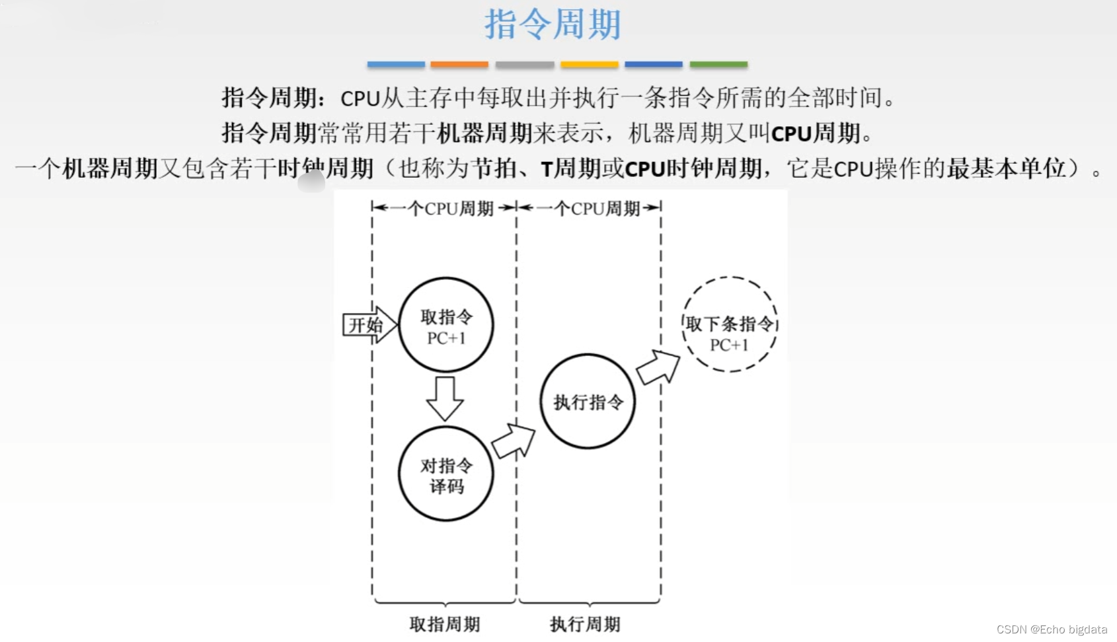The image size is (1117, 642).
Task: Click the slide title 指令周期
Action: click(553, 24)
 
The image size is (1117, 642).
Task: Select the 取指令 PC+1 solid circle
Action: click(446, 325)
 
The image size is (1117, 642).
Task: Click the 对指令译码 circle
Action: click(446, 474)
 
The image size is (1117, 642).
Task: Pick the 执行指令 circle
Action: click(588, 402)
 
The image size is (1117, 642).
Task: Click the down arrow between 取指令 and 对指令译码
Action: click(445, 398)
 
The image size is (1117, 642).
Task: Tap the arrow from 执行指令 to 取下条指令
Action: click(658, 367)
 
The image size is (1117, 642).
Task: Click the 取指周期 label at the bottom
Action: click(444, 624)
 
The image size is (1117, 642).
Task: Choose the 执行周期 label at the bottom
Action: click(585, 624)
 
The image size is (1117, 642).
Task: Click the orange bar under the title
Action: click(459, 65)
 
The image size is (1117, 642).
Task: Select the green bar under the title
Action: click(718, 65)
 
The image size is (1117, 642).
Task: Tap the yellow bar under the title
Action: click(589, 65)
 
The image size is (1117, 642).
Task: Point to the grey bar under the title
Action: click(525, 65)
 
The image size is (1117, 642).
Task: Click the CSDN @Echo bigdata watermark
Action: click(1052, 629)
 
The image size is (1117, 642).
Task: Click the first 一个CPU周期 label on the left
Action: click(444, 209)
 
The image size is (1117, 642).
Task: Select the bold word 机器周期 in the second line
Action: click(484, 133)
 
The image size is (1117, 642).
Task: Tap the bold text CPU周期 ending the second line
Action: click(816, 133)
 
